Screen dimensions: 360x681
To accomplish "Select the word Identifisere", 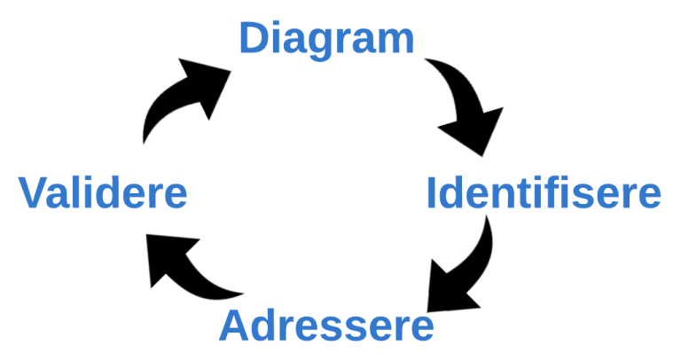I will pos(544,193).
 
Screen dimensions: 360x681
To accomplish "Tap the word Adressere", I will pos(326,325).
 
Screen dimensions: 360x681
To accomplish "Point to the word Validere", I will pos(103,192).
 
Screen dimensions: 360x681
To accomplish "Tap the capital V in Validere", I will pos(35,192).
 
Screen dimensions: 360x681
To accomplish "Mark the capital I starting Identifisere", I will pos(433,193).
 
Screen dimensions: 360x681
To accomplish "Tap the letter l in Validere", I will pos(78,192).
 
